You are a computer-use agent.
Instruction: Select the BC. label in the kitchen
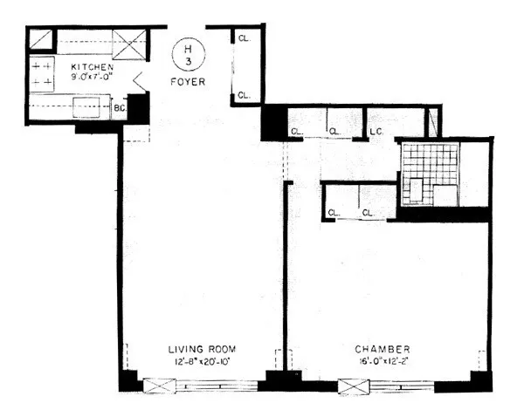(119, 109)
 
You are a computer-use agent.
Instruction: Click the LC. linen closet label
(378, 132)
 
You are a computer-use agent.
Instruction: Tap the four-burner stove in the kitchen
(42, 72)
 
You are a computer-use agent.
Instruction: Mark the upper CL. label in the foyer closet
(244, 38)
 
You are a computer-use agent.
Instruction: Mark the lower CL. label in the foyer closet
(244, 93)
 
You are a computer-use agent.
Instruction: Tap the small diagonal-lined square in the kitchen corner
(41, 40)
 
